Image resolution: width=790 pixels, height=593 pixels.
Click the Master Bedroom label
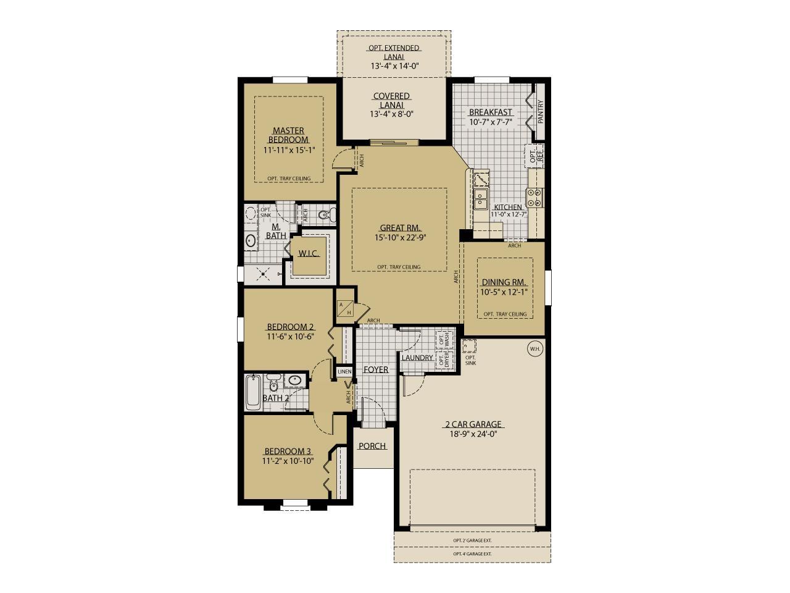click(x=289, y=135)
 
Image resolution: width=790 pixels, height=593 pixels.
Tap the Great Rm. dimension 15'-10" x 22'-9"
click(x=400, y=237)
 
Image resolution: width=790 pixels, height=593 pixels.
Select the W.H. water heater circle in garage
click(x=534, y=348)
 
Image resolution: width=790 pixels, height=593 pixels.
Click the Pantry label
click(x=541, y=112)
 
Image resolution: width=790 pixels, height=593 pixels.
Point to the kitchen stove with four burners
click(x=535, y=196)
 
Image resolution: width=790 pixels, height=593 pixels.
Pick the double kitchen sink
click(x=481, y=199)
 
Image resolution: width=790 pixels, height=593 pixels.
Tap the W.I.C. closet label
click(x=309, y=254)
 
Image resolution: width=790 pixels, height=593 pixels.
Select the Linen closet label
click(x=344, y=372)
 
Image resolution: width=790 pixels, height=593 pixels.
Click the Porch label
click(x=372, y=446)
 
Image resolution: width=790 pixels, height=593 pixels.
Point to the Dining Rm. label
click(x=504, y=282)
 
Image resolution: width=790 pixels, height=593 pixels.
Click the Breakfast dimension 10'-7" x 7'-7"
click(x=490, y=122)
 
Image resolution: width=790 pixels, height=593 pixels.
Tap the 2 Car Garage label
click(x=473, y=424)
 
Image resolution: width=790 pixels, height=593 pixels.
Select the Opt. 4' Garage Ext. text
click(x=472, y=554)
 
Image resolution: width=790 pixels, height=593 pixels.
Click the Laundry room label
click(x=417, y=358)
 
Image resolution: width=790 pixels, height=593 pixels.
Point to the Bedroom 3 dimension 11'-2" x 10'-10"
click(x=288, y=461)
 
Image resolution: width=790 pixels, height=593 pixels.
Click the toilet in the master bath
click(x=326, y=215)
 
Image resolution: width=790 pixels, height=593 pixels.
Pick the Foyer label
click(x=375, y=370)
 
